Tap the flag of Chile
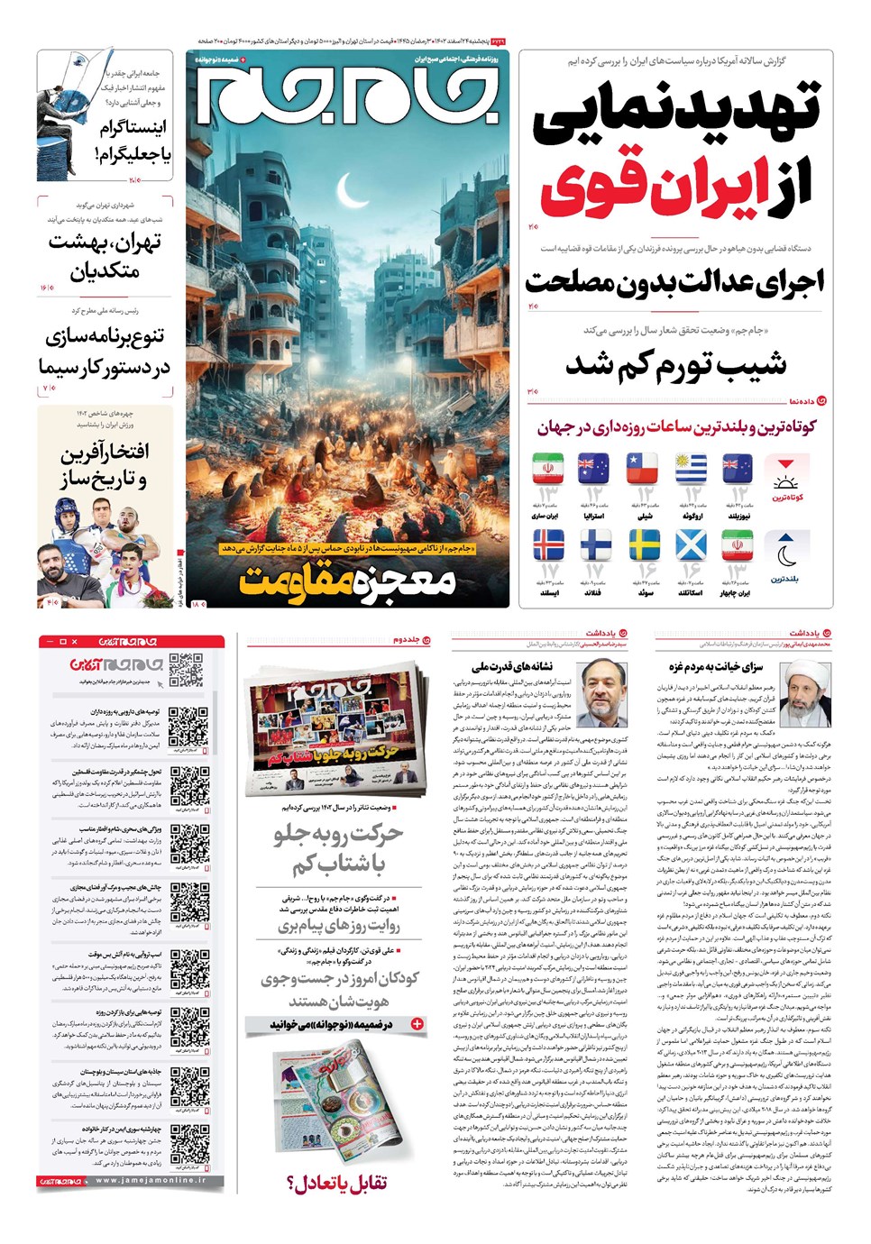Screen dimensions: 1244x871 [642, 469]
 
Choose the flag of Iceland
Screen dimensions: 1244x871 [548, 545]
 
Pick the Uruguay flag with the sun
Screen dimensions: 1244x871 [690, 469]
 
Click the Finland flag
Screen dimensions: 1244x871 [595, 545]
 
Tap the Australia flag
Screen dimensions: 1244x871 [593, 469]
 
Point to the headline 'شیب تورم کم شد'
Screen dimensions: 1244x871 [676, 365]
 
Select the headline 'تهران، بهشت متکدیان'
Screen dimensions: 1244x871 [106, 256]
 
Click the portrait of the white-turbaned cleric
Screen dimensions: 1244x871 [804, 693]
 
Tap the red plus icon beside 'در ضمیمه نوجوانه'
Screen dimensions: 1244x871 [417, 1024]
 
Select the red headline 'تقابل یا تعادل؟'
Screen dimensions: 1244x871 [337, 1182]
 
